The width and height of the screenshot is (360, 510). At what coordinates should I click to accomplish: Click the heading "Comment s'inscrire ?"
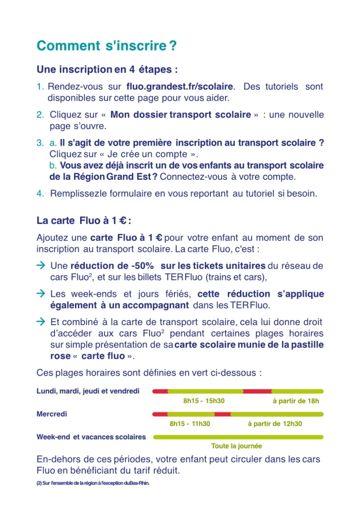[x=106, y=46]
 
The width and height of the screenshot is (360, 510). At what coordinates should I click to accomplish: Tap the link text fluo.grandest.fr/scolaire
[x=180, y=87]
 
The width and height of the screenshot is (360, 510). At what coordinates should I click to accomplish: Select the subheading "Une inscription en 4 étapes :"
[x=107, y=70]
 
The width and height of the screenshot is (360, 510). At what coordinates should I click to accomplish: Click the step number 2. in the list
[x=40, y=115]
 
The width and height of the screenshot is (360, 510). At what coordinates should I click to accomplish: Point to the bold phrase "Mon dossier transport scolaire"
[x=180, y=115]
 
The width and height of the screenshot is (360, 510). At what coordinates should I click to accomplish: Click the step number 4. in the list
[x=40, y=193]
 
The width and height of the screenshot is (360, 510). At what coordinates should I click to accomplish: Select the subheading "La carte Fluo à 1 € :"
[x=83, y=221]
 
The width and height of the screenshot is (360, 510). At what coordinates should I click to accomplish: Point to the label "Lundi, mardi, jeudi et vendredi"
[x=88, y=391]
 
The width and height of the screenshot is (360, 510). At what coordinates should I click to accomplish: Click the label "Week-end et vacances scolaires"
[x=91, y=437]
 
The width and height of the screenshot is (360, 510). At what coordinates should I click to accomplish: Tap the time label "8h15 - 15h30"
[x=204, y=401]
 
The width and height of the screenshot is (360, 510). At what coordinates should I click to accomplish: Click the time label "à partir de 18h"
[x=296, y=401]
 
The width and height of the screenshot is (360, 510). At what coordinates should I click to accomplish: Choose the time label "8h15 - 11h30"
[x=190, y=424]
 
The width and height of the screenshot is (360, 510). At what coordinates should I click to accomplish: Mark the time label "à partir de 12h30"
[x=275, y=424]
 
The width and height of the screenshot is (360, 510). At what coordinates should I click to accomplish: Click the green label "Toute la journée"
[x=236, y=446]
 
